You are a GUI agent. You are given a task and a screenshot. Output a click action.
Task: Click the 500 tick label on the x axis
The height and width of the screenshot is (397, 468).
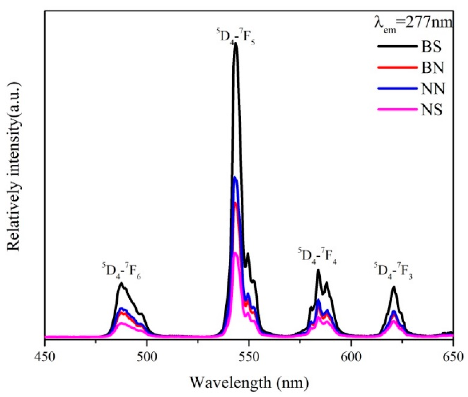point(147,357)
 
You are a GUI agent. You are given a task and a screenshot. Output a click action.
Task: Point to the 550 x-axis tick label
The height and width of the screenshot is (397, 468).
point(249,357)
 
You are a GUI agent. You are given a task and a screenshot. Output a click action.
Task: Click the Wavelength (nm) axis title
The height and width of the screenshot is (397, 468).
point(249,382)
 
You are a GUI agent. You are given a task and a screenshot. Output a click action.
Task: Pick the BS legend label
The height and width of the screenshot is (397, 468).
point(431,47)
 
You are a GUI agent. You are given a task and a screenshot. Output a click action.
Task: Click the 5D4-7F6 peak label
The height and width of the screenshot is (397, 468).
point(121,271)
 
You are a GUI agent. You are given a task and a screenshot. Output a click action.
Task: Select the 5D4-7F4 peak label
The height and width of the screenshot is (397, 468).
point(317,256)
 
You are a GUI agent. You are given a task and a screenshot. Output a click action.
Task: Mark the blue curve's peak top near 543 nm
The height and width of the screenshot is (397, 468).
point(235,178)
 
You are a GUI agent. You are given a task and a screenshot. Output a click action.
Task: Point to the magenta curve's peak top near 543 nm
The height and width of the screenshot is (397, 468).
point(235,253)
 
